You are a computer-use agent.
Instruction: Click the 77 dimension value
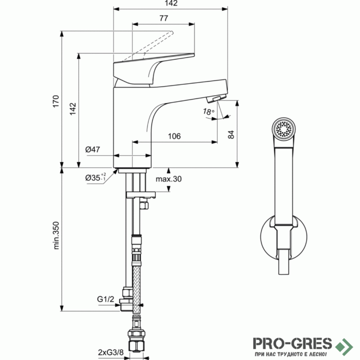[164, 18]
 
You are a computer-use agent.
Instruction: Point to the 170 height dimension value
[56, 101]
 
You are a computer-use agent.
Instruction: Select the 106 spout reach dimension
[174, 136]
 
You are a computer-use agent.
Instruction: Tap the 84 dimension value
[231, 134]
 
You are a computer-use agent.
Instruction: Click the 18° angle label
[208, 112]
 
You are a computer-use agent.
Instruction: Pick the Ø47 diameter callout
[93, 149]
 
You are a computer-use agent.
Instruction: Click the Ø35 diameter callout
[95, 177]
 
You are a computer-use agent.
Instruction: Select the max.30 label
[168, 179]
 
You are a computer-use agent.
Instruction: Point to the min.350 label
[56, 235]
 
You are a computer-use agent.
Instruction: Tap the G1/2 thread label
[105, 299]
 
